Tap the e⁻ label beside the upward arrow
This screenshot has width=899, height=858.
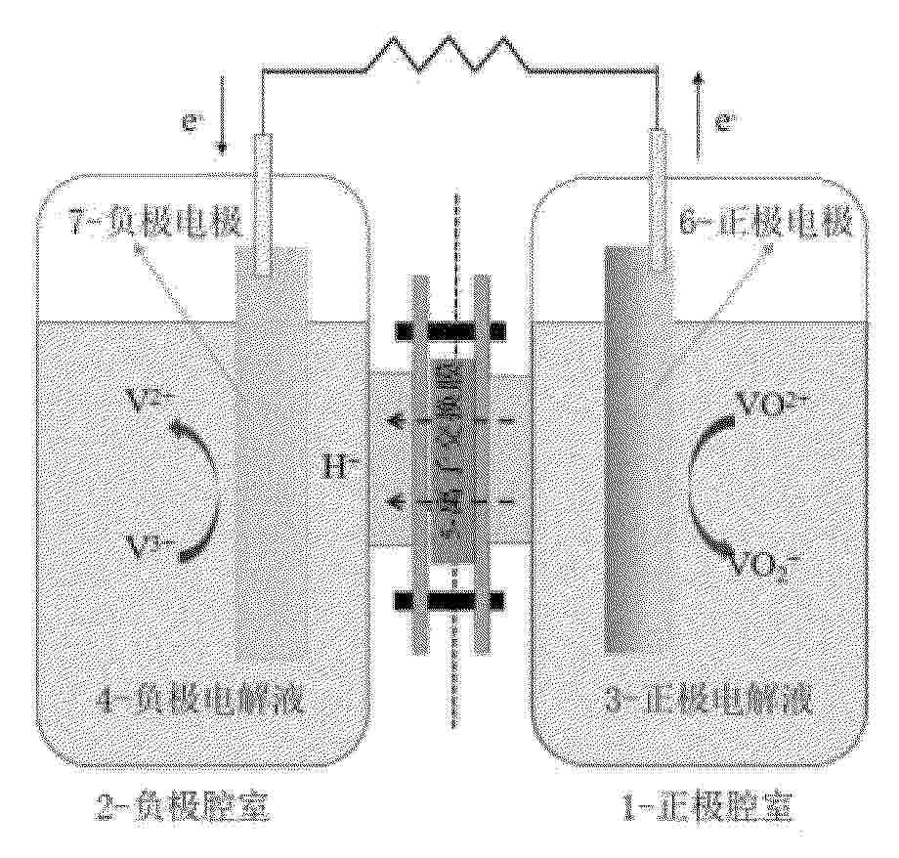725,123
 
